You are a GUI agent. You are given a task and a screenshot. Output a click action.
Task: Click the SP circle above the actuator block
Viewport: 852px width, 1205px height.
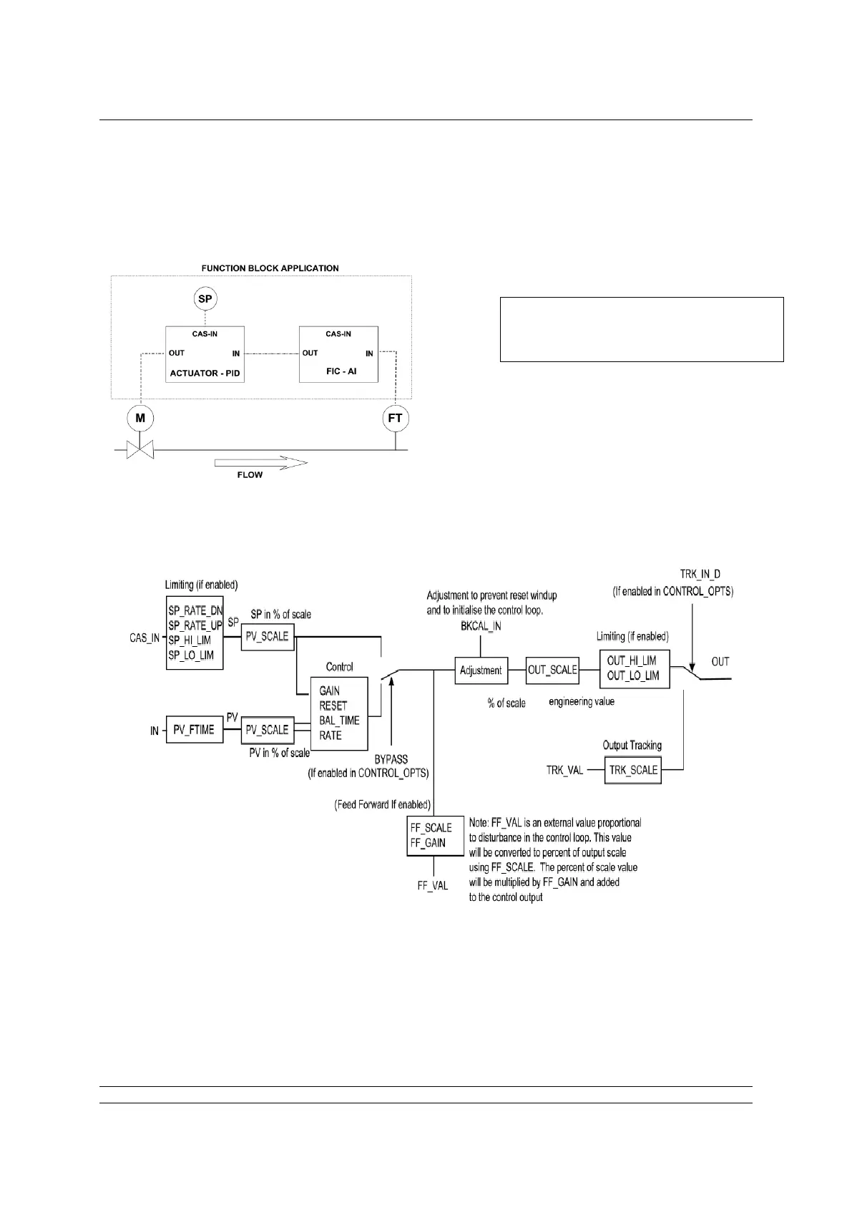tap(205, 298)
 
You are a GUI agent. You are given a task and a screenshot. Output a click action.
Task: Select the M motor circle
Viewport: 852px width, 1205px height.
tap(140, 418)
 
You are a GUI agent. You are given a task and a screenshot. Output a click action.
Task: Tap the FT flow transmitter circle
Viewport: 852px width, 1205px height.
tap(395, 418)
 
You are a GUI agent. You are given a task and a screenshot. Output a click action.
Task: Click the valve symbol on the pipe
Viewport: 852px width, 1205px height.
tap(140, 450)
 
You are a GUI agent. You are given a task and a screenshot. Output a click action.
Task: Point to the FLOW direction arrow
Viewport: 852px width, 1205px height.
tap(261, 463)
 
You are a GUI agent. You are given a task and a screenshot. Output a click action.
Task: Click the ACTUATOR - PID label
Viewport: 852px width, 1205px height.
tap(204, 373)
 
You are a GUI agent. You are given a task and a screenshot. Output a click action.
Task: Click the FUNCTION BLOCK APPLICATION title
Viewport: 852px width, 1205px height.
tap(270, 268)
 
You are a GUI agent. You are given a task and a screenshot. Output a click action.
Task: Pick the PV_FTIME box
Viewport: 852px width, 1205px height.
tap(194, 730)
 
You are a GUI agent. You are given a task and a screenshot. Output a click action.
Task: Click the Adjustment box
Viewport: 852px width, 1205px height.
tap(481, 670)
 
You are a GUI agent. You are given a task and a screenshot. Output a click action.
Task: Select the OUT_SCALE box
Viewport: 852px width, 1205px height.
tap(552, 670)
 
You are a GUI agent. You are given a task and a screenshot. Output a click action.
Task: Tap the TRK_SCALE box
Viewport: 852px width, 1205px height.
tap(633, 770)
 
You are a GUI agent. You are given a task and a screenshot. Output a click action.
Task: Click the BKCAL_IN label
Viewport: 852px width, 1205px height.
tap(481, 626)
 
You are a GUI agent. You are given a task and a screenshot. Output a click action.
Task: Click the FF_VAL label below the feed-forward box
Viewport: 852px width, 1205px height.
tap(433, 885)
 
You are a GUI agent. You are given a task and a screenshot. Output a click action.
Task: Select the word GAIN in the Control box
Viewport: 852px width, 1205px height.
tap(330, 691)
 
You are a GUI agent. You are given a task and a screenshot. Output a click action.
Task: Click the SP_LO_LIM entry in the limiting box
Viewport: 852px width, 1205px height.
tap(190, 655)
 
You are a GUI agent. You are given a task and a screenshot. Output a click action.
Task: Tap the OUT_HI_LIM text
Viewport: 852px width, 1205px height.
tap(632, 660)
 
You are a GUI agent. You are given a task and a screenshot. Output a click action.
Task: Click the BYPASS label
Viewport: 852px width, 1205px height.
tap(391, 759)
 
